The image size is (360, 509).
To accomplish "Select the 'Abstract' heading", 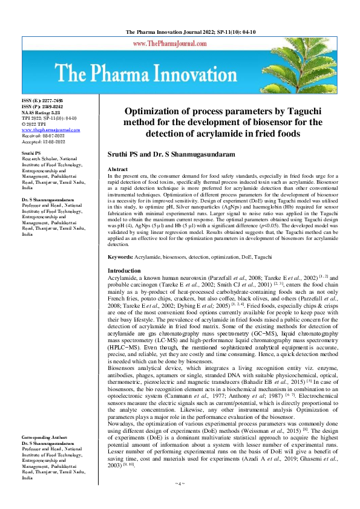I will pyautogui.click(x=117, y=170).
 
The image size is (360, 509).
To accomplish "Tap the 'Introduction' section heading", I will pyautogui.click(x=123, y=270).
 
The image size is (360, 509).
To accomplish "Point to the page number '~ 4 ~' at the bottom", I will pyautogui.click(x=179, y=500).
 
